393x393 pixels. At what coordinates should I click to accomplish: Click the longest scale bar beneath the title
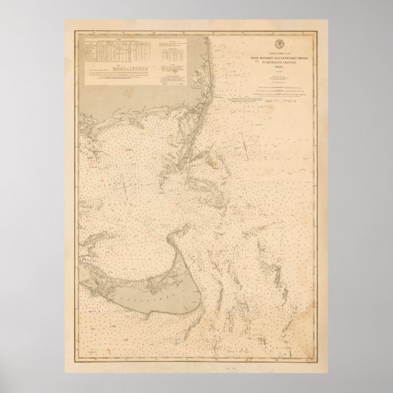point(281,86)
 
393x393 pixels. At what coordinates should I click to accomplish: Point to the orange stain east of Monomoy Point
point(214,164)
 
